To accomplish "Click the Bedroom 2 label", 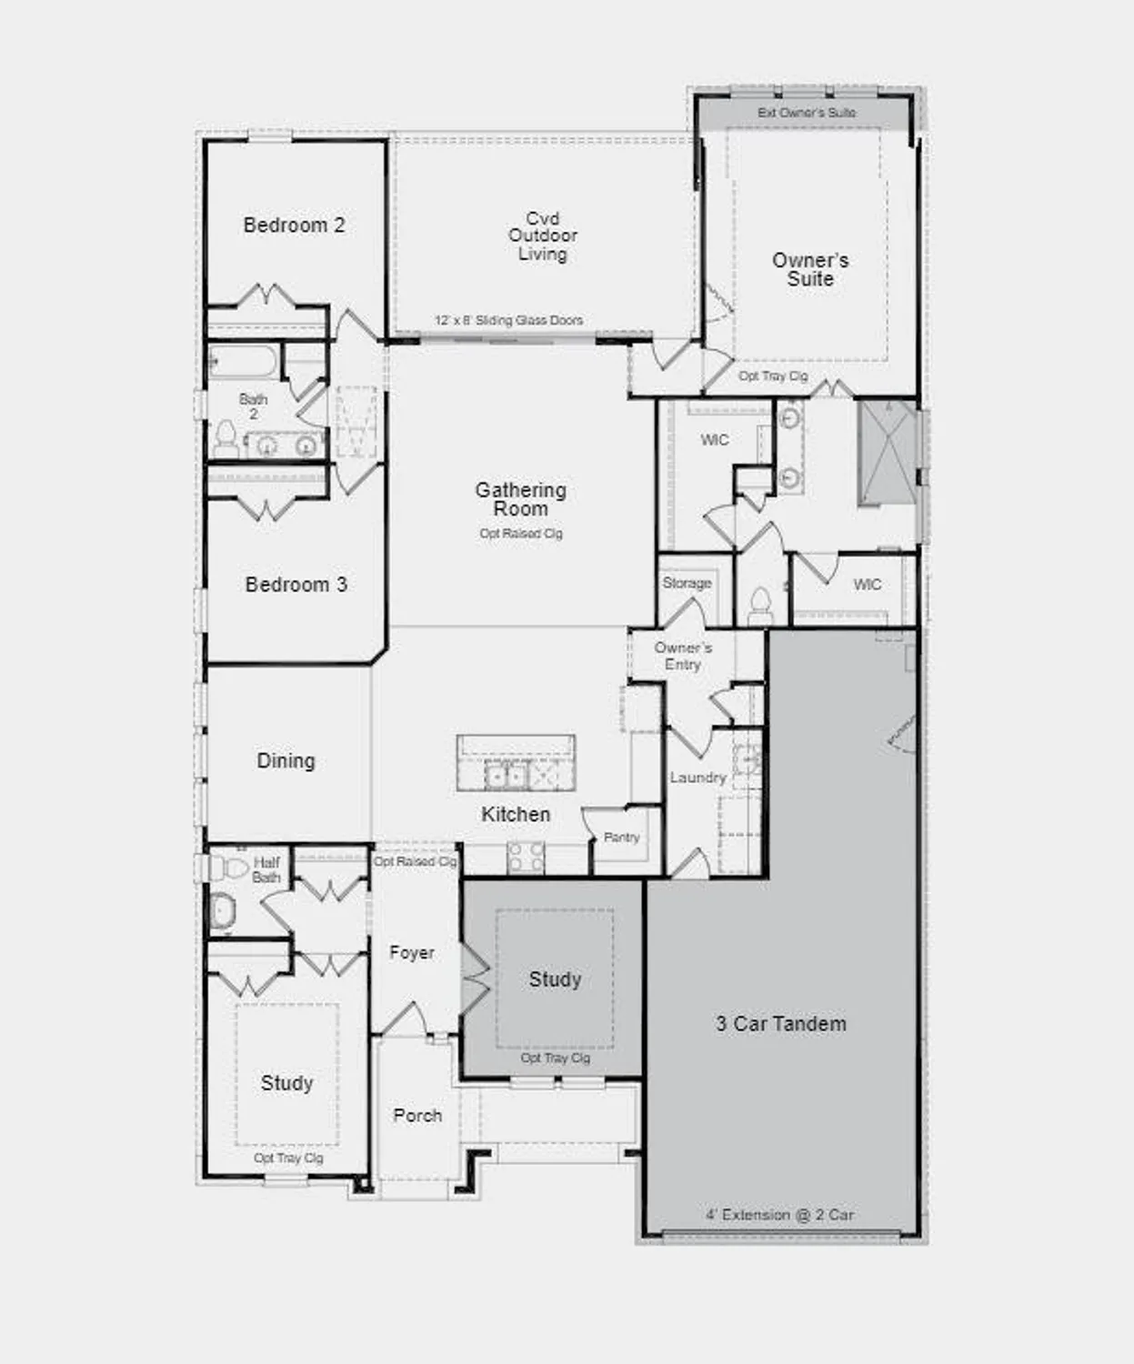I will point(294,226).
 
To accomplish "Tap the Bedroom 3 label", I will point(296,585).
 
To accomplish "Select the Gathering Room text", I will point(520,499).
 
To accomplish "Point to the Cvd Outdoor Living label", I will point(543,236).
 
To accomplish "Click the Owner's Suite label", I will point(810,269).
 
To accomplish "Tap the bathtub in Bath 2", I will point(243,363).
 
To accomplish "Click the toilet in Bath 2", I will point(225,439).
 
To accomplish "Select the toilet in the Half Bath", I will point(222,909).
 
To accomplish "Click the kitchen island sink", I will point(506,777).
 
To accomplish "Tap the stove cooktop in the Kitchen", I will point(526,857).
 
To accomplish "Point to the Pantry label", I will point(621,837).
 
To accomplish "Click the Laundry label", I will point(697,777).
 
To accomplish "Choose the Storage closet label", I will point(687,583).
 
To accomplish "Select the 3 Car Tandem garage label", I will point(780,1024).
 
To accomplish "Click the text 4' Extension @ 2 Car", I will point(779,1215).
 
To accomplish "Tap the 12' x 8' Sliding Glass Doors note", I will point(508,320).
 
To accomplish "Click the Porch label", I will point(417,1115).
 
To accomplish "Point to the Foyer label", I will point(411,952).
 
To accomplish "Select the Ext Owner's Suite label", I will point(807,113).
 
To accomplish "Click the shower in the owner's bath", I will point(888,452).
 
